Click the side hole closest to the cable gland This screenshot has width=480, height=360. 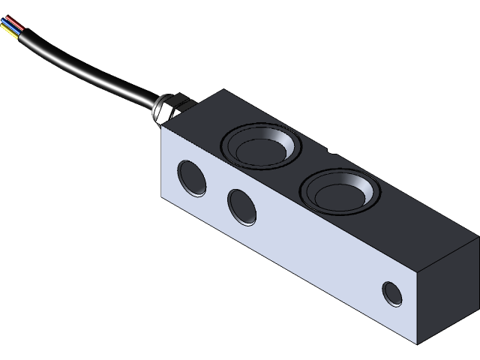point(193,177)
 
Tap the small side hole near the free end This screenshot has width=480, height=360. point(391,293)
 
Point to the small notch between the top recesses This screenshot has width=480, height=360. point(331,153)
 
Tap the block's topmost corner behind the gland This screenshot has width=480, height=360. point(223,90)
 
